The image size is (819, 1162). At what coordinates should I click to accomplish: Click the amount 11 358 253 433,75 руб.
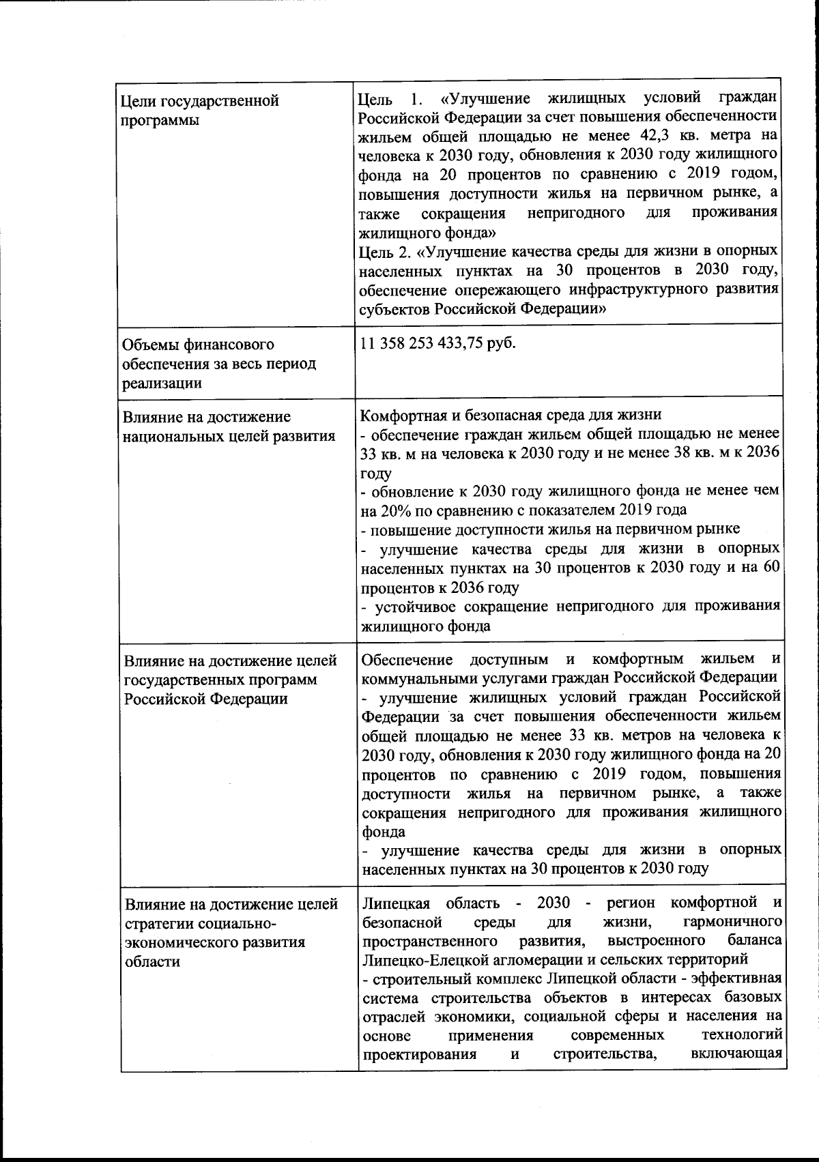click(437, 343)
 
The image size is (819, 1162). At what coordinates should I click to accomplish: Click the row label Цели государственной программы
click(199, 111)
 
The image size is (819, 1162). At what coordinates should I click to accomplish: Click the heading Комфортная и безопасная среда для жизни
click(511, 415)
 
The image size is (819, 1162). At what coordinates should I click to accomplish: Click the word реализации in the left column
click(162, 383)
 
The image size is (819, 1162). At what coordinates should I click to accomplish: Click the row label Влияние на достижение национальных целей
click(229, 426)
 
